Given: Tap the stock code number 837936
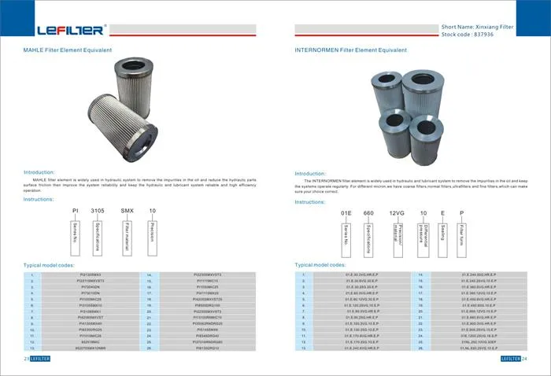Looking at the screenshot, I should click(489, 34).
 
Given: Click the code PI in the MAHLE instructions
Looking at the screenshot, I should click(76, 212).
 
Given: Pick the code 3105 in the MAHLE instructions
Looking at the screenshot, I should click(98, 212).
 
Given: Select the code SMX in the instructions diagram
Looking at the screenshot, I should click(127, 212).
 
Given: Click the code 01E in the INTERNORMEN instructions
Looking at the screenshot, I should click(346, 213).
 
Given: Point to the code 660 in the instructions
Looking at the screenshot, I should click(368, 213).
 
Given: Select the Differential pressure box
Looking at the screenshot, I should click(422, 235).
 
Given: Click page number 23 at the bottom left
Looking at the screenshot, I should click(26, 359).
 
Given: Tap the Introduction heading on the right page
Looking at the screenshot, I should click(310, 173).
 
